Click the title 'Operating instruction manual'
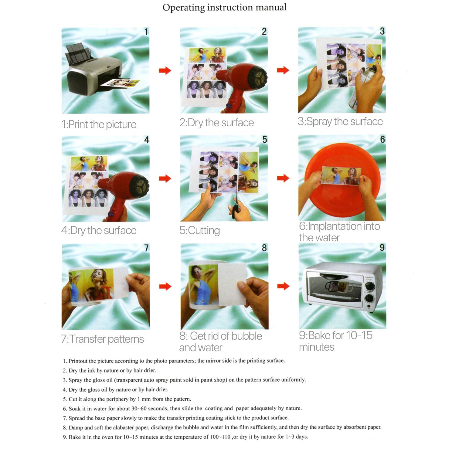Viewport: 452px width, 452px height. [x=224, y=7]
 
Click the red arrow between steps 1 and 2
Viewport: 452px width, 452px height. [x=165, y=71]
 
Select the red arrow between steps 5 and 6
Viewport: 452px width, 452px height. [x=283, y=178]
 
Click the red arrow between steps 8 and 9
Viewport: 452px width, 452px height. [x=283, y=286]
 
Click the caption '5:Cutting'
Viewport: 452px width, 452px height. [x=199, y=230]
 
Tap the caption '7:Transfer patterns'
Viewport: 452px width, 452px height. [x=102, y=339]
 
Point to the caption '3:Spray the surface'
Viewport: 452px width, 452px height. [x=340, y=121]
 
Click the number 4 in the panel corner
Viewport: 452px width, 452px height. [x=146, y=140]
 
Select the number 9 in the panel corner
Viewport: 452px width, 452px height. [x=382, y=248]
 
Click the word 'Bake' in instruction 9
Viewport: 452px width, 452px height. [x=74, y=437]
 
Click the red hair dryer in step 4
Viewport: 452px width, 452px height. [x=121, y=188]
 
